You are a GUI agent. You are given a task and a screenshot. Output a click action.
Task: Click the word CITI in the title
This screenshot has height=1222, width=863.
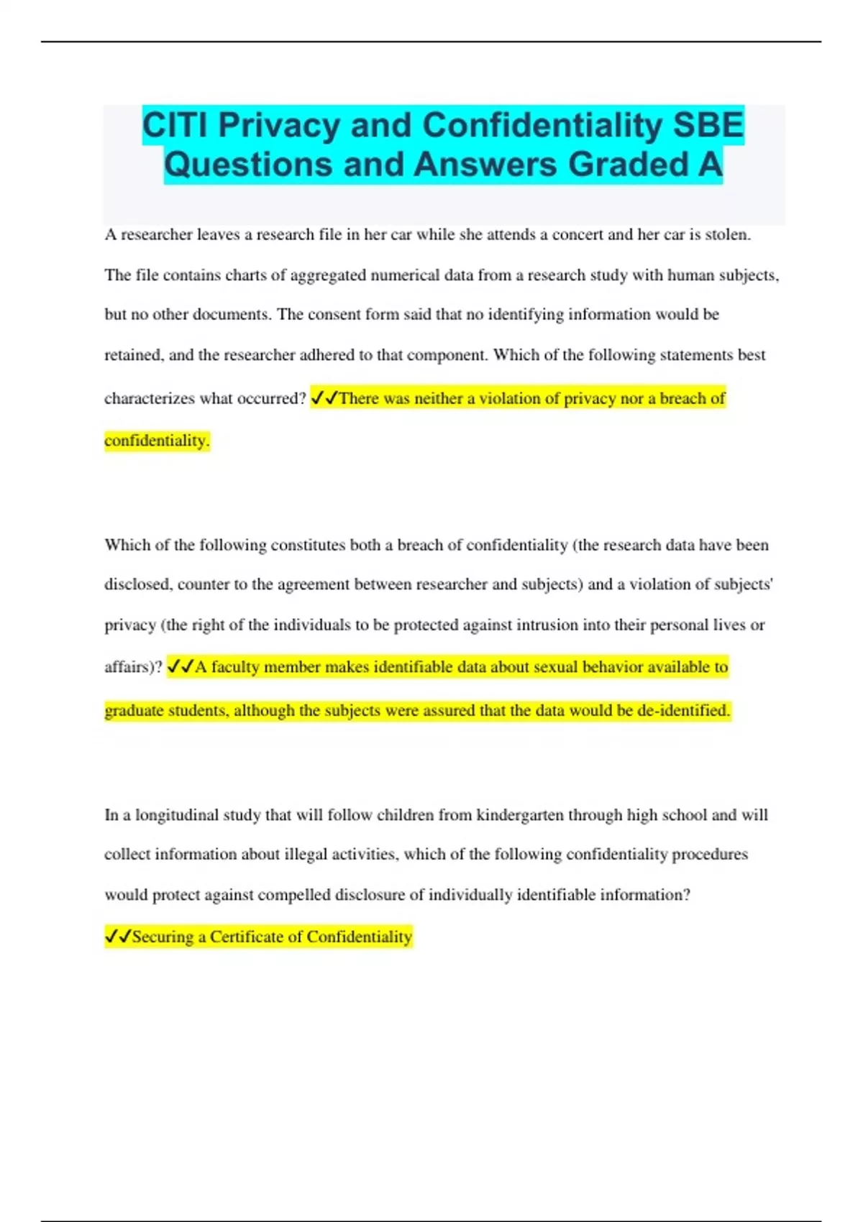pos(175,126)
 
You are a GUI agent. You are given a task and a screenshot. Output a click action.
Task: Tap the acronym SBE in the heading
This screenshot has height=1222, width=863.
pos(708,126)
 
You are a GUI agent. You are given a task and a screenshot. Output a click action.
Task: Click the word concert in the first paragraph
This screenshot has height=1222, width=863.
pos(580,234)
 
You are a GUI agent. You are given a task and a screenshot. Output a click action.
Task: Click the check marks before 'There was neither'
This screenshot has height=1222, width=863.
pos(324,398)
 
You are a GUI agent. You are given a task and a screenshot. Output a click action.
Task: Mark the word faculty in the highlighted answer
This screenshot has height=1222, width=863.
pos(234,667)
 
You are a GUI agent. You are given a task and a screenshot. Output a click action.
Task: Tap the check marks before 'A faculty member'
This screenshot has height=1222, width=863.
pos(180,667)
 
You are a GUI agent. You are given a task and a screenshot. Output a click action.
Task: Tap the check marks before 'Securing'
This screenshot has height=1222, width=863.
pos(118,937)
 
